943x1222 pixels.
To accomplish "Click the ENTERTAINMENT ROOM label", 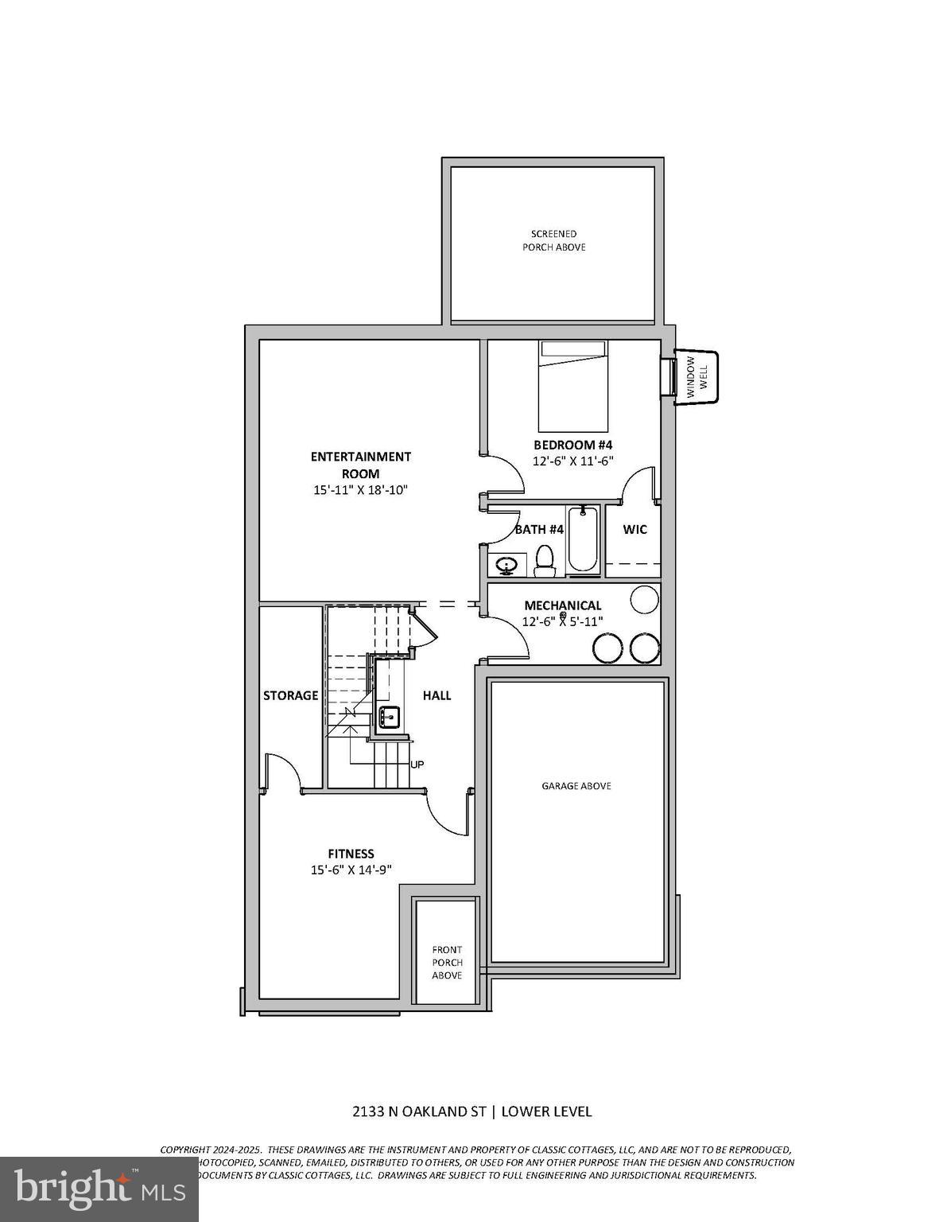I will [x=360, y=465].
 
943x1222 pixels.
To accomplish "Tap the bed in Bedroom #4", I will [x=572, y=386].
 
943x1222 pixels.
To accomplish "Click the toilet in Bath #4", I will [x=545, y=560].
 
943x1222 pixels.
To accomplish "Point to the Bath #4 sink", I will [x=506, y=566].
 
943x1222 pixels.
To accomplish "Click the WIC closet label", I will [x=634, y=529].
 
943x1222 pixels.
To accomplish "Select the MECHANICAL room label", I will [x=562, y=605].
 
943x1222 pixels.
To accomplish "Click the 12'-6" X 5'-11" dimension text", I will [x=562, y=621].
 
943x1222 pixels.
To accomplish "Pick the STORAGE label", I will [x=290, y=695].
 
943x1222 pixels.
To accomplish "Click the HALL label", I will [x=437, y=695].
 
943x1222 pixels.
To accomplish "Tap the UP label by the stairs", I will [x=417, y=765].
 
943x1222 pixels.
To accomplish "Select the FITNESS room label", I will [x=351, y=854].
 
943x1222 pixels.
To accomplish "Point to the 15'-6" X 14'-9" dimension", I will [x=351, y=870].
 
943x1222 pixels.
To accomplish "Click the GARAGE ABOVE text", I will [x=576, y=786].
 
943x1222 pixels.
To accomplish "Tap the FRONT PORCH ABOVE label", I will [x=447, y=962].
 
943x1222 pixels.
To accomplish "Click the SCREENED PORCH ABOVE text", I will [x=554, y=240].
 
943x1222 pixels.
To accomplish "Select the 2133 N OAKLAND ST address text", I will [x=420, y=1111].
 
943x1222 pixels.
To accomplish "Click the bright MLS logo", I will [x=99, y=1189].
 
